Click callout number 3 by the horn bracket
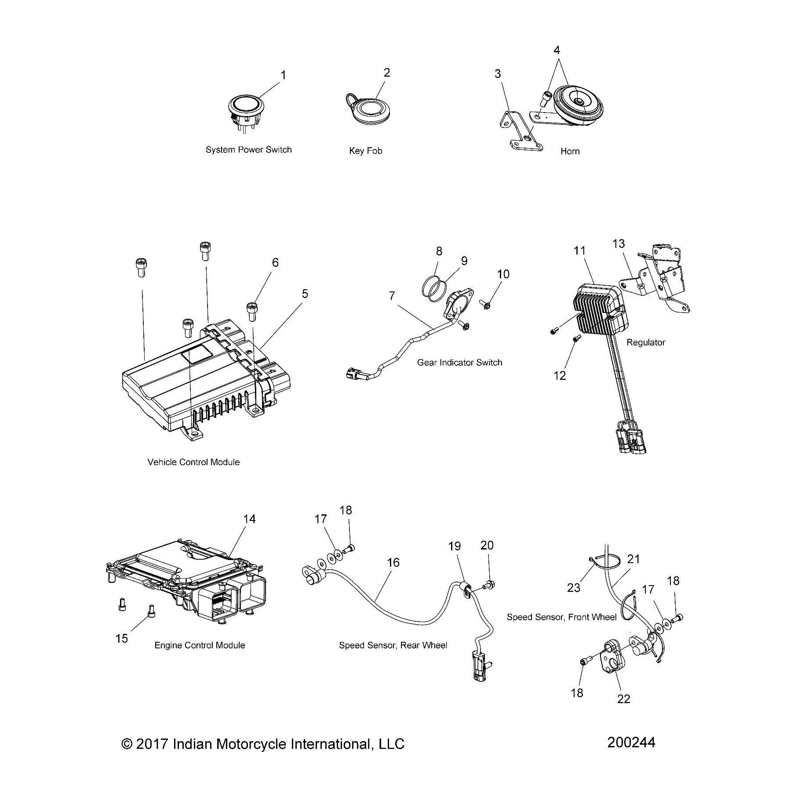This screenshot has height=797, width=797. [x=498, y=74]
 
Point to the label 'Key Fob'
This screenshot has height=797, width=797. [x=365, y=151]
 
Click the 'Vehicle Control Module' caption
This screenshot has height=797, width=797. [x=193, y=462]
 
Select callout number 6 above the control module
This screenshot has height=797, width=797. [x=275, y=262]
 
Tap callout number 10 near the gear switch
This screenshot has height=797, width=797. [x=503, y=274]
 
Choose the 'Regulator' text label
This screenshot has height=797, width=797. [x=645, y=342]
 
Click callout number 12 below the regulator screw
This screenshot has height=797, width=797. [x=560, y=376]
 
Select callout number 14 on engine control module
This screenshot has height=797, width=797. [x=249, y=519]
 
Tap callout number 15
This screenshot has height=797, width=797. [x=122, y=638]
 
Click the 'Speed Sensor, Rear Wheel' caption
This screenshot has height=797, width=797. [x=393, y=645]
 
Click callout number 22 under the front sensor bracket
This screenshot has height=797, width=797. [x=624, y=699]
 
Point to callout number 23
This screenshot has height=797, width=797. [x=574, y=587]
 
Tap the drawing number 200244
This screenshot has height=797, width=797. [x=631, y=742]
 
